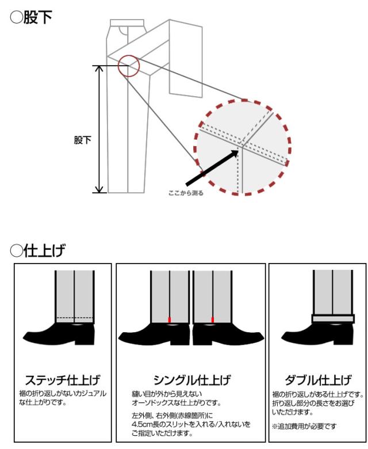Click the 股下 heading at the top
[x=31, y=17]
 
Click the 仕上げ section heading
[x=37, y=250]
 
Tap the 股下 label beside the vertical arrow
[x=82, y=140]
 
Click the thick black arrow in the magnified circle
[x=212, y=168]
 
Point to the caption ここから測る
[x=186, y=193]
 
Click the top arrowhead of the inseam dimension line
[x=99, y=69]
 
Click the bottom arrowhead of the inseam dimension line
[x=99, y=189]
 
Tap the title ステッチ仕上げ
[x=63, y=380]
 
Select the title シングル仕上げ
[x=192, y=380]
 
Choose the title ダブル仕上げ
[x=318, y=380]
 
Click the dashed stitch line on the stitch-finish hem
[x=75, y=318]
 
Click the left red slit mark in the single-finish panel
[x=169, y=319]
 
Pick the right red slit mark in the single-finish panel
[x=212, y=319]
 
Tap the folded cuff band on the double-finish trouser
[x=333, y=319]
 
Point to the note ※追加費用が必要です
[x=304, y=427]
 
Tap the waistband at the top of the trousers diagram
[x=127, y=23]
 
